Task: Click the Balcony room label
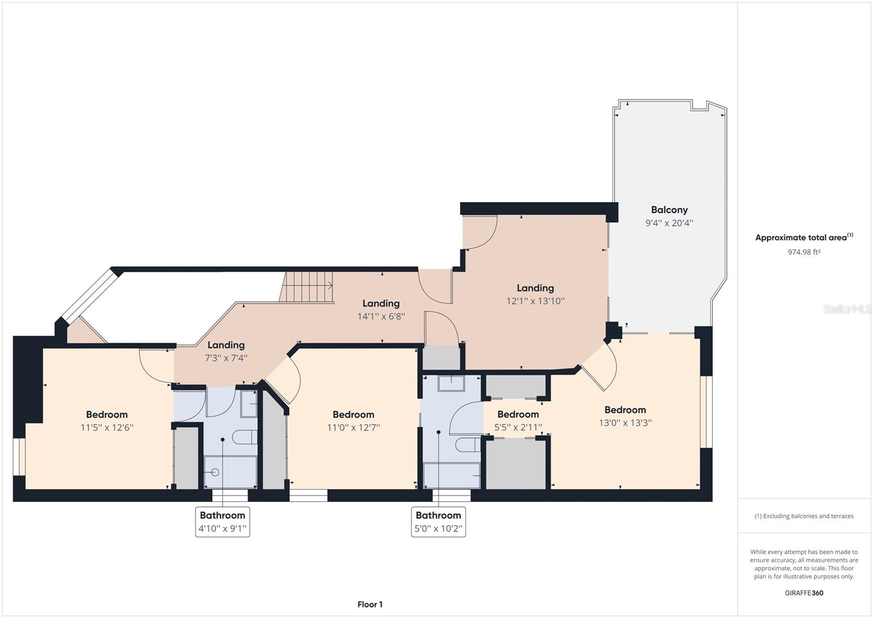(x=669, y=210)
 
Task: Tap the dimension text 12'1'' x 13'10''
(x=535, y=301)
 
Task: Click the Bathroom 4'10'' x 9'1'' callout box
(x=222, y=522)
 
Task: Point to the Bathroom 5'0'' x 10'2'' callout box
(x=438, y=522)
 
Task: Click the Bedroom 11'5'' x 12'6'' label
(x=107, y=421)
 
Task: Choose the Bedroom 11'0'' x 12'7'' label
(x=353, y=421)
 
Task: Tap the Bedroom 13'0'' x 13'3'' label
(x=625, y=416)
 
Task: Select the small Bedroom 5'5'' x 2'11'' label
(x=518, y=421)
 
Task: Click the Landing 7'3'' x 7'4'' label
(x=226, y=351)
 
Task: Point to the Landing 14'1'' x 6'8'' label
(x=381, y=309)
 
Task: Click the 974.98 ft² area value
(x=804, y=252)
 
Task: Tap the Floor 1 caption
(x=370, y=604)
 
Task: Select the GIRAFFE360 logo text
(x=804, y=593)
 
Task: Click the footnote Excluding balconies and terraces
(x=804, y=516)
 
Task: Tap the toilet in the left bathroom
(x=244, y=438)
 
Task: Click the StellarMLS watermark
(x=847, y=309)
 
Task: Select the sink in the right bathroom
(x=451, y=384)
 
